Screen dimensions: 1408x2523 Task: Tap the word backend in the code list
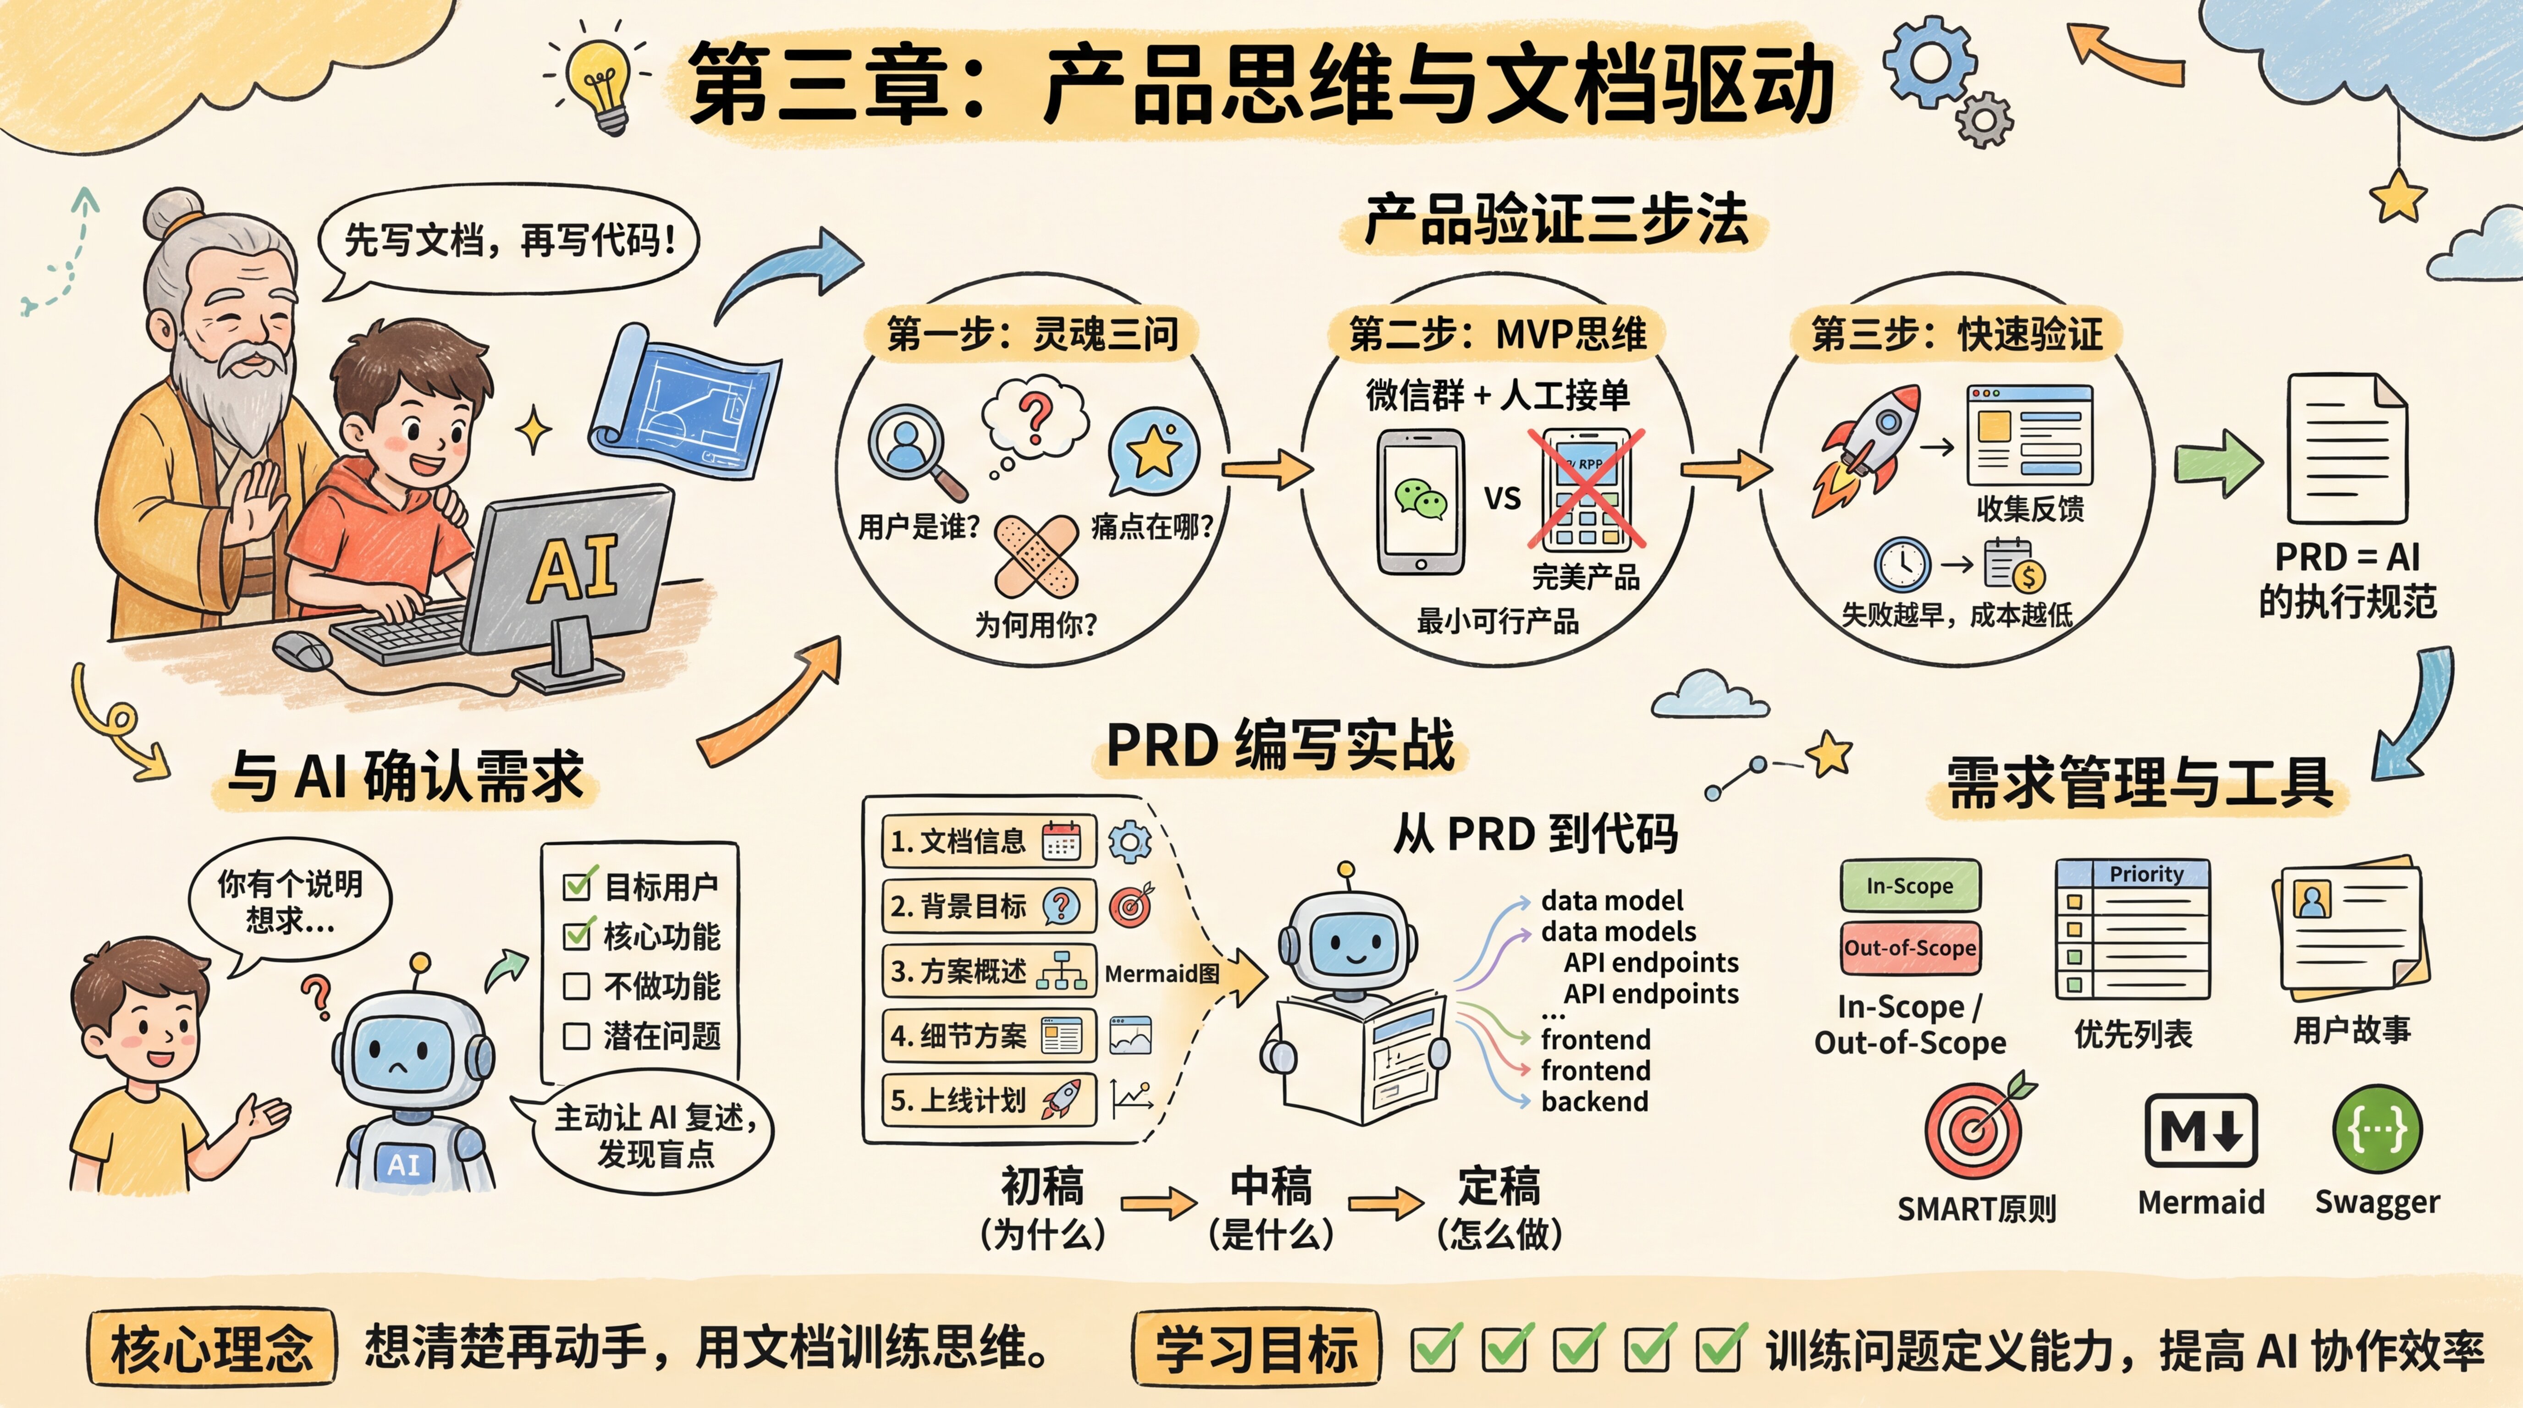pyautogui.click(x=1594, y=1101)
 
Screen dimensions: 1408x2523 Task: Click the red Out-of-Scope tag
pyautogui.click(x=1910, y=948)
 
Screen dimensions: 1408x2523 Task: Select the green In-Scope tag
pyautogui.click(x=1910, y=886)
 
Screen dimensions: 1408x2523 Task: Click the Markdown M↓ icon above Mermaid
pyautogui.click(x=2201, y=1131)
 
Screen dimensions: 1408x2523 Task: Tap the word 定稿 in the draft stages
pyautogui.click(x=1498, y=1187)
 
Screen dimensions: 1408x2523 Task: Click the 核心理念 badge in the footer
pyautogui.click(x=212, y=1348)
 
